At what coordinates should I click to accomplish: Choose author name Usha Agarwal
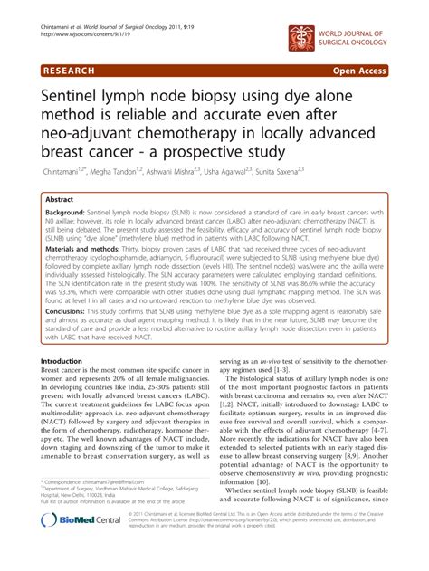click(275, 169)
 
